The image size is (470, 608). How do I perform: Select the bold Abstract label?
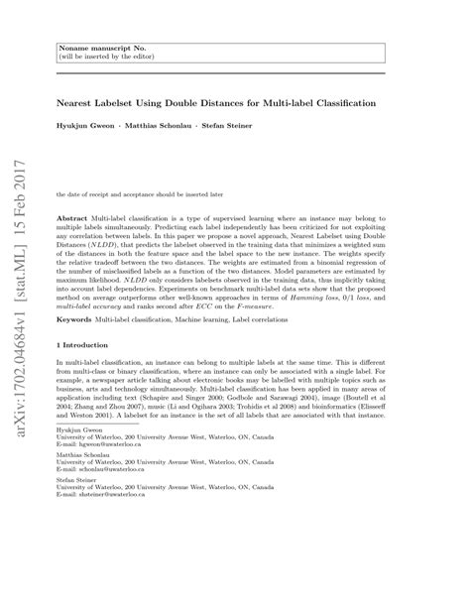tap(75, 215)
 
